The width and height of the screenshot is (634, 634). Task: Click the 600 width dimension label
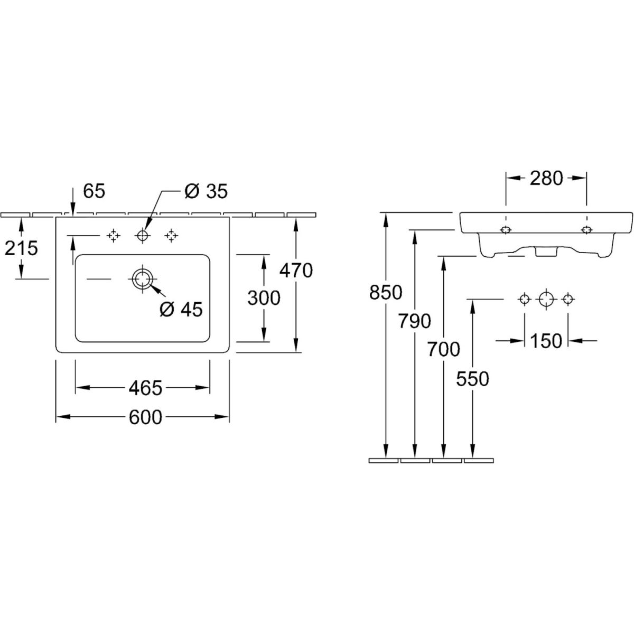tap(145, 417)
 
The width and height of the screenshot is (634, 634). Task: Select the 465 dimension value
tap(145, 388)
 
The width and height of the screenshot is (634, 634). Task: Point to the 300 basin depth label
tap(264, 298)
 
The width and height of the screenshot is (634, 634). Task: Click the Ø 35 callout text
tap(206, 191)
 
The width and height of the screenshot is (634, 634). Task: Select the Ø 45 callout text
tap(181, 310)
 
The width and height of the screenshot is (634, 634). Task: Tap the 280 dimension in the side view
tap(546, 179)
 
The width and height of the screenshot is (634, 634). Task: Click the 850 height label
tap(386, 292)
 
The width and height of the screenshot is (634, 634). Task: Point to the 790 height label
tap(415, 321)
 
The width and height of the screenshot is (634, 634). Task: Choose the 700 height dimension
tap(444, 349)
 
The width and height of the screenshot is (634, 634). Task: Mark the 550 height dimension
tap(473, 378)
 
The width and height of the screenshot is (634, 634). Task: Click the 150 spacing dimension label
tap(546, 341)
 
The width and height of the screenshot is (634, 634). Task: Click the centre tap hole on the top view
tap(142, 236)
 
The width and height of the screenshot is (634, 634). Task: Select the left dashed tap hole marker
tap(113, 236)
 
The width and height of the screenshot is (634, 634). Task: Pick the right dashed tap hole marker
tap(171, 236)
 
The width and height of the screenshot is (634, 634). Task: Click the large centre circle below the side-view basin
tap(546, 300)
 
